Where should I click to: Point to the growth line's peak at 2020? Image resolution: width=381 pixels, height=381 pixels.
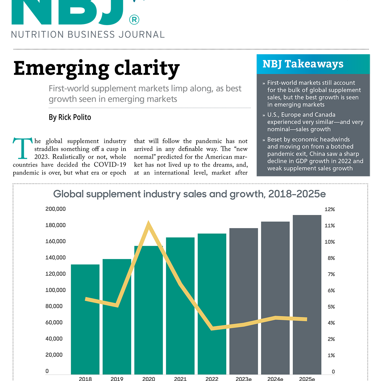[x=149, y=224]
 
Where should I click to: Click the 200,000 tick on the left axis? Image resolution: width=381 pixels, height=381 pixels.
[x=56, y=209]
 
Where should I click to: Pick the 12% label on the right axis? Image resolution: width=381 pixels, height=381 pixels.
[x=330, y=210]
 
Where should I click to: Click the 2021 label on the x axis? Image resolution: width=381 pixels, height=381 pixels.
[x=180, y=379]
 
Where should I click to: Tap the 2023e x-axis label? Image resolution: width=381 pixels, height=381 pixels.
[x=244, y=379]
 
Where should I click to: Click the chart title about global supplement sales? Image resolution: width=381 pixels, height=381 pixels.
[x=189, y=194]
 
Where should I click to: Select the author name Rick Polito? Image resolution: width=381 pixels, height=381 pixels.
[x=70, y=117]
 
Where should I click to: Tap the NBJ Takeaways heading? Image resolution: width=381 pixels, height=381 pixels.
[x=303, y=64]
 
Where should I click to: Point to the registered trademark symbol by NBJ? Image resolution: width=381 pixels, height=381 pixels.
[x=134, y=20]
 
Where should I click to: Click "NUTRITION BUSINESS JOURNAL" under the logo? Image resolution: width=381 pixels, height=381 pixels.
[x=88, y=35]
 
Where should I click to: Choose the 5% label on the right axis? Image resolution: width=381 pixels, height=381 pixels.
[x=331, y=307]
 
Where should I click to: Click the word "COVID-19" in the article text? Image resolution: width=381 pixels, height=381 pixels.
[x=110, y=165]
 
